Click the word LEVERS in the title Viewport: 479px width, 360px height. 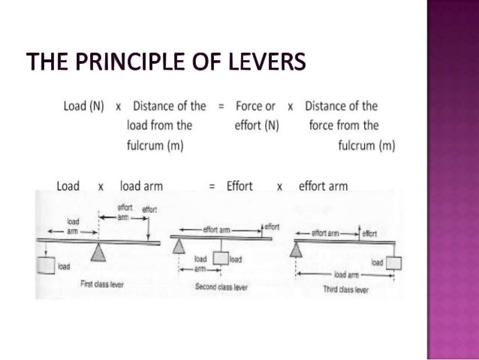[x=266, y=62]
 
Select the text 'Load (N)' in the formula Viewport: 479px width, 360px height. [x=84, y=106]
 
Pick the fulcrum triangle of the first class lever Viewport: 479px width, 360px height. [x=98, y=253]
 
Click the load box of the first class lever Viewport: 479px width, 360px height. [x=46, y=265]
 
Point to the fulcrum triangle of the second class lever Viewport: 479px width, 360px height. [x=179, y=245]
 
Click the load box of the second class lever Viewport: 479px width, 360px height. [x=220, y=259]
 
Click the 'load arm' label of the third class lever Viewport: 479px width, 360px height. [x=345, y=274]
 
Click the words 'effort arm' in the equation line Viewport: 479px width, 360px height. [x=323, y=186]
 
